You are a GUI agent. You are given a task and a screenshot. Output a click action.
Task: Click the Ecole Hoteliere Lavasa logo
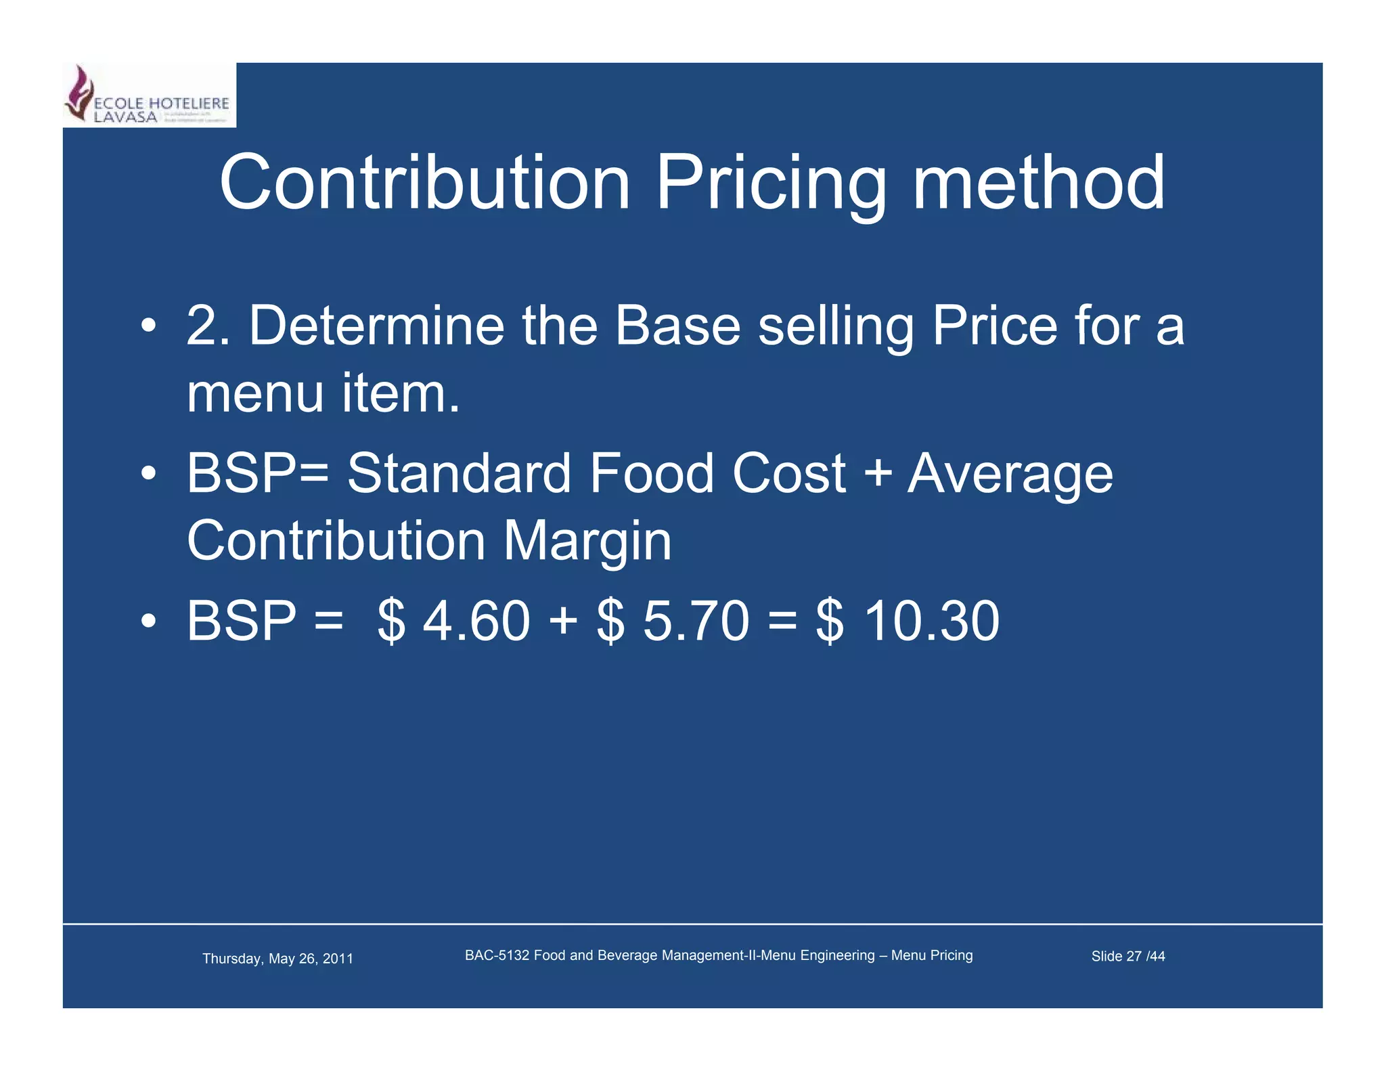(149, 95)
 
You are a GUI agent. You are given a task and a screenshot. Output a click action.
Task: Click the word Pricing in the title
(771, 183)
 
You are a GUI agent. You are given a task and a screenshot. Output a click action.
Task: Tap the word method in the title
(1038, 183)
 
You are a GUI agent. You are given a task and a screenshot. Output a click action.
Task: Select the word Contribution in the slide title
(425, 183)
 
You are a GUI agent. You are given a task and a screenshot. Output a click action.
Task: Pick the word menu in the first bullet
(255, 393)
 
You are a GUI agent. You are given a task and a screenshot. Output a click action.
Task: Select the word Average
(1009, 474)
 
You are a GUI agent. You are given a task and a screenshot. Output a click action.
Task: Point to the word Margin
(587, 542)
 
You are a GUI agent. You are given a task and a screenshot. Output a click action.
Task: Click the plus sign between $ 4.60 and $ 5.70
(563, 621)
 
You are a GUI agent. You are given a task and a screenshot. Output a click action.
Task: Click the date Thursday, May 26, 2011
(277, 958)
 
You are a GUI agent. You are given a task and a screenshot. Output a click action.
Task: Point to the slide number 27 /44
(1145, 956)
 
